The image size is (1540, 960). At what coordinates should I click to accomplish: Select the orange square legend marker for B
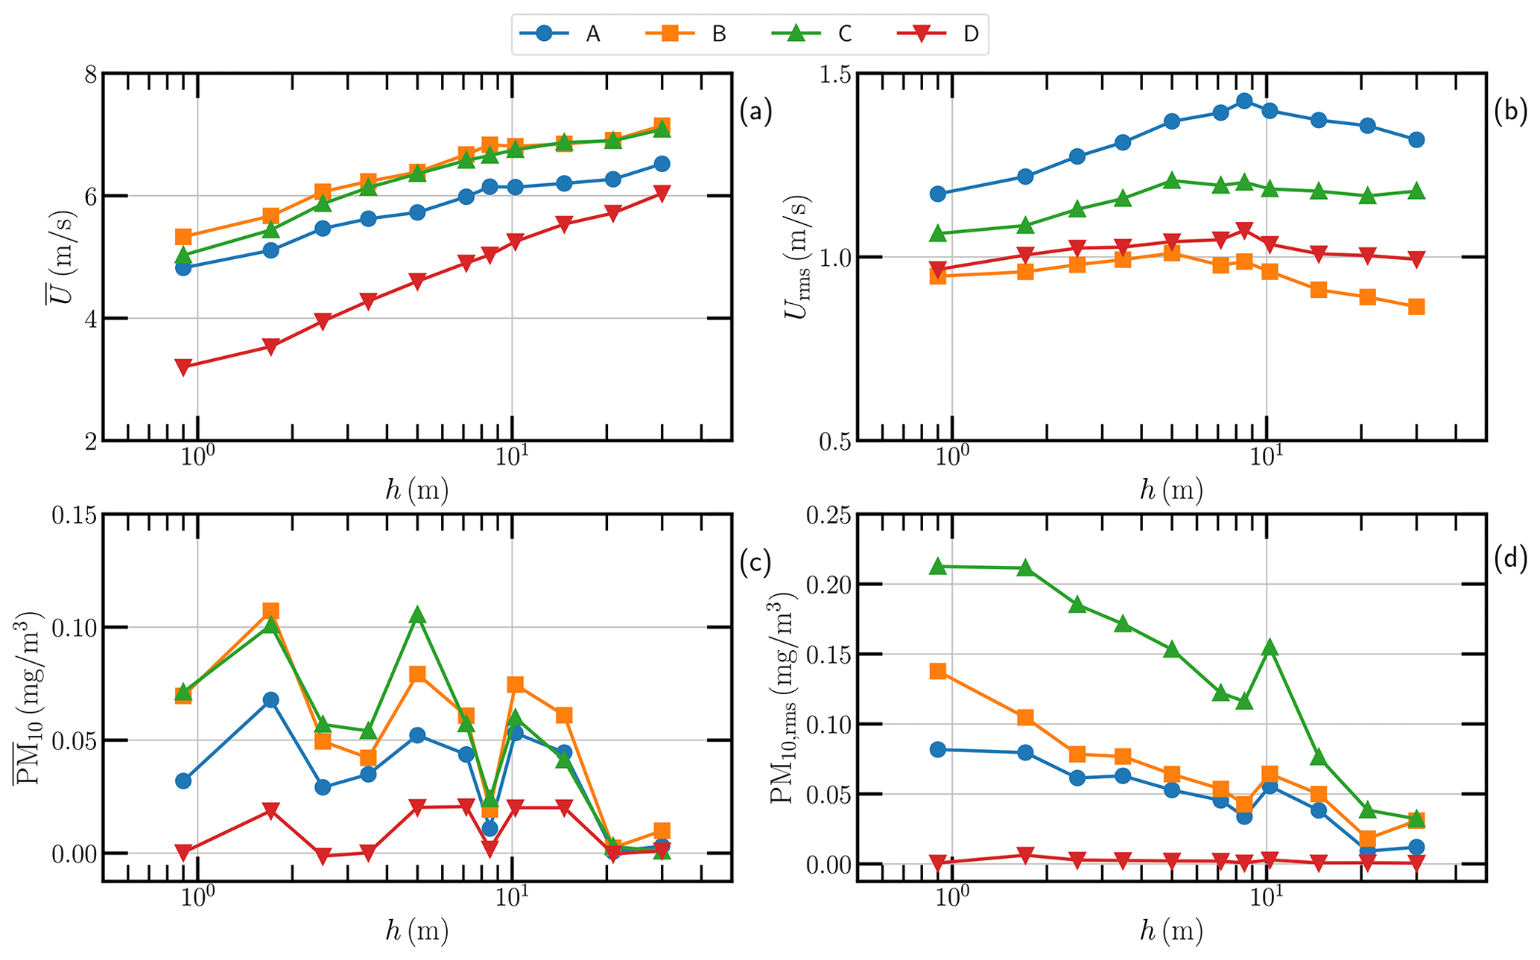(x=671, y=34)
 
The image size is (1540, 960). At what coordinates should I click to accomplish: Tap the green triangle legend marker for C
(x=796, y=34)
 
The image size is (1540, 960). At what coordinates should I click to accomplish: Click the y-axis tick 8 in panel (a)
(x=89, y=74)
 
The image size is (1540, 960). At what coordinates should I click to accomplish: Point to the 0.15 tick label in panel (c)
(x=75, y=515)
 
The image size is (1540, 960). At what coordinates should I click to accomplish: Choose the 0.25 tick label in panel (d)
(x=829, y=515)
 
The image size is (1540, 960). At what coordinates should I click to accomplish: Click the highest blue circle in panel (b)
(x=1243, y=101)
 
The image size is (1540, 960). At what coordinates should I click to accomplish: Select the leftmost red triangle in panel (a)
(x=183, y=366)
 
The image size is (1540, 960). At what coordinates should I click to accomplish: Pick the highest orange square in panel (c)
(x=270, y=611)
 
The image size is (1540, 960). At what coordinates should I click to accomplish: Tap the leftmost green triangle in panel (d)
(x=938, y=566)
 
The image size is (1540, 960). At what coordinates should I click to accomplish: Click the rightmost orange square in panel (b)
(x=1416, y=307)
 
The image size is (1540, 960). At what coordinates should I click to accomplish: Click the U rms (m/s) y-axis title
(x=798, y=257)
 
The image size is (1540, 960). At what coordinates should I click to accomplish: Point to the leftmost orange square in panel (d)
(x=938, y=672)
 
